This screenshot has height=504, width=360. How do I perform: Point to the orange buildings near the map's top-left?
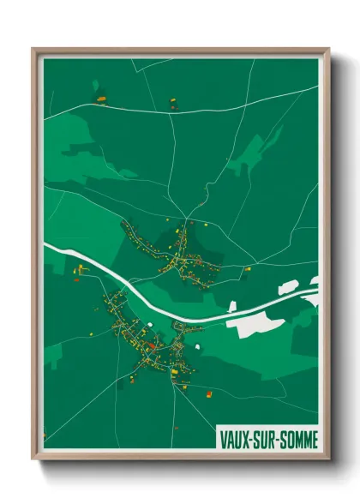[x=100, y=100]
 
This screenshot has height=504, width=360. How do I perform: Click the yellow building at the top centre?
[x=171, y=100]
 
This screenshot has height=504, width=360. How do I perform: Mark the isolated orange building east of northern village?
[x=248, y=270]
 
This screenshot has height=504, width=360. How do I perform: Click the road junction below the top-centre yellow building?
[x=171, y=112]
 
